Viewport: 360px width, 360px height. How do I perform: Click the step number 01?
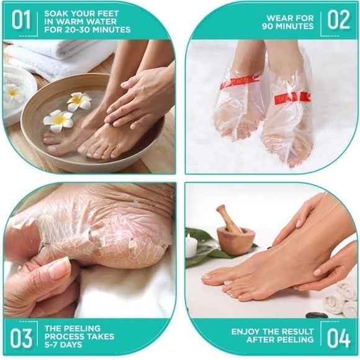pos(20,20)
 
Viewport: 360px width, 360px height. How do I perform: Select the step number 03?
pos(20,339)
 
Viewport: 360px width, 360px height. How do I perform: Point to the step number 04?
pos(339,339)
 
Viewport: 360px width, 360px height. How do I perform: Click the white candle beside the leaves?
pos(191,246)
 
